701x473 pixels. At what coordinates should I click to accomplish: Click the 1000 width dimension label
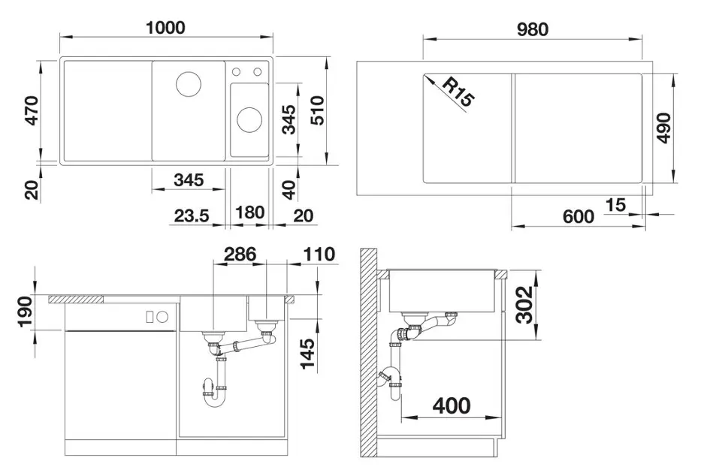[x=165, y=28]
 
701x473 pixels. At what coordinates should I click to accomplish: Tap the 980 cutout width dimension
[x=532, y=29]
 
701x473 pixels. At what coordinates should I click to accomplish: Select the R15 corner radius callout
[x=458, y=92]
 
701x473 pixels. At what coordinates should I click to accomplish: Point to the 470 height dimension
[x=32, y=110]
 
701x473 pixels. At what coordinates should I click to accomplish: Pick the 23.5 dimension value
[x=192, y=216]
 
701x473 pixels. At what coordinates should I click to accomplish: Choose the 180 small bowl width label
[x=249, y=212]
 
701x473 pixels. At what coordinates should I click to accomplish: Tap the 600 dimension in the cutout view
[x=579, y=217]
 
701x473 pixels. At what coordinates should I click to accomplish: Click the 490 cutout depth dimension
[x=664, y=128]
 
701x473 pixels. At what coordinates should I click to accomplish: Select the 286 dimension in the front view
[x=240, y=254]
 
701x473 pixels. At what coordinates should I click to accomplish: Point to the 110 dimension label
[x=319, y=254]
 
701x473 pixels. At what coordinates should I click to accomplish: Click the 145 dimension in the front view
[x=307, y=354]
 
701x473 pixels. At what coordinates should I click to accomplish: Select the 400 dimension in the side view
[x=452, y=406]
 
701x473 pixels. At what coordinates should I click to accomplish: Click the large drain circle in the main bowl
[x=189, y=83]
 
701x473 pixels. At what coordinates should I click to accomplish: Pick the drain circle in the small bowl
[x=249, y=119]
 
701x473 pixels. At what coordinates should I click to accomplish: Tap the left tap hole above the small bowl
[x=236, y=71]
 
